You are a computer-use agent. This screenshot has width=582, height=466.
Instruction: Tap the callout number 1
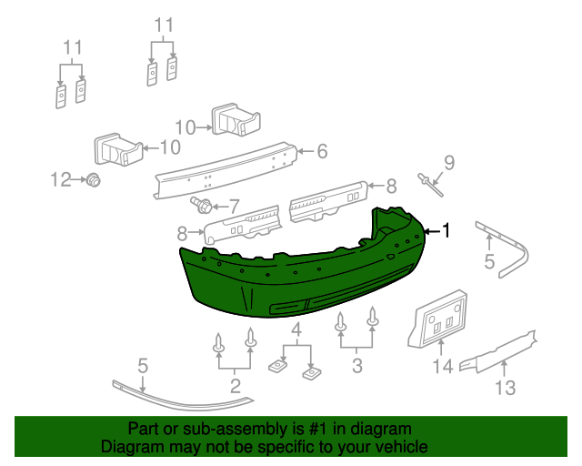446,230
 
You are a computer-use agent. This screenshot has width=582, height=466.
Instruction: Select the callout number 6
322,152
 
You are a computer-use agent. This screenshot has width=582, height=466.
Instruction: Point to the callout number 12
61,180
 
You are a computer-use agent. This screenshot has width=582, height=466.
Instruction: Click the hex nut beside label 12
92,180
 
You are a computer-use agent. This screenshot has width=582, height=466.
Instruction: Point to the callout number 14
442,367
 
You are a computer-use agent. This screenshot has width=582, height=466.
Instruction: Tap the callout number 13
505,390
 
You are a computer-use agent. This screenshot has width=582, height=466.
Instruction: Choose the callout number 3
357,367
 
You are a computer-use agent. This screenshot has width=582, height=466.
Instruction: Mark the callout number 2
236,387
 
